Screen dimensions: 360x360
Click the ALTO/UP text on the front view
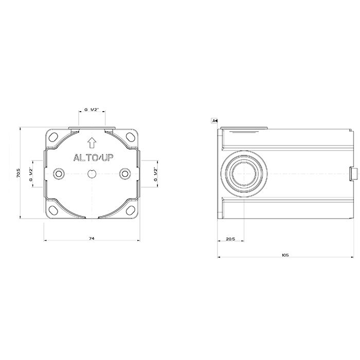[93, 158]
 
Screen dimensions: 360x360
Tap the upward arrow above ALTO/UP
[92, 142]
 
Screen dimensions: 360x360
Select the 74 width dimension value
[92, 238]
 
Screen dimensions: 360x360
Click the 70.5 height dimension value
[19, 173]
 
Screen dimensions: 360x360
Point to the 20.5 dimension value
[230, 239]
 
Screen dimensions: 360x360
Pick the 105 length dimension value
[285, 255]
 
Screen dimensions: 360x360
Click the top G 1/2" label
[92, 110]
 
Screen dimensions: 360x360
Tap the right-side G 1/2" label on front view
[156, 174]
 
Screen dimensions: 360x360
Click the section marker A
[214, 120]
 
